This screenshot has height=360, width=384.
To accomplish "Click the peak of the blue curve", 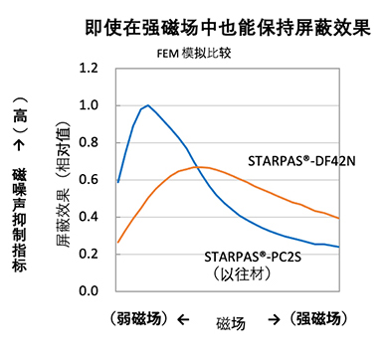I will pos(148,105).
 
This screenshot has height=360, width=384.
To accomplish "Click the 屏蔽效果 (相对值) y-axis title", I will pos(65,179).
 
